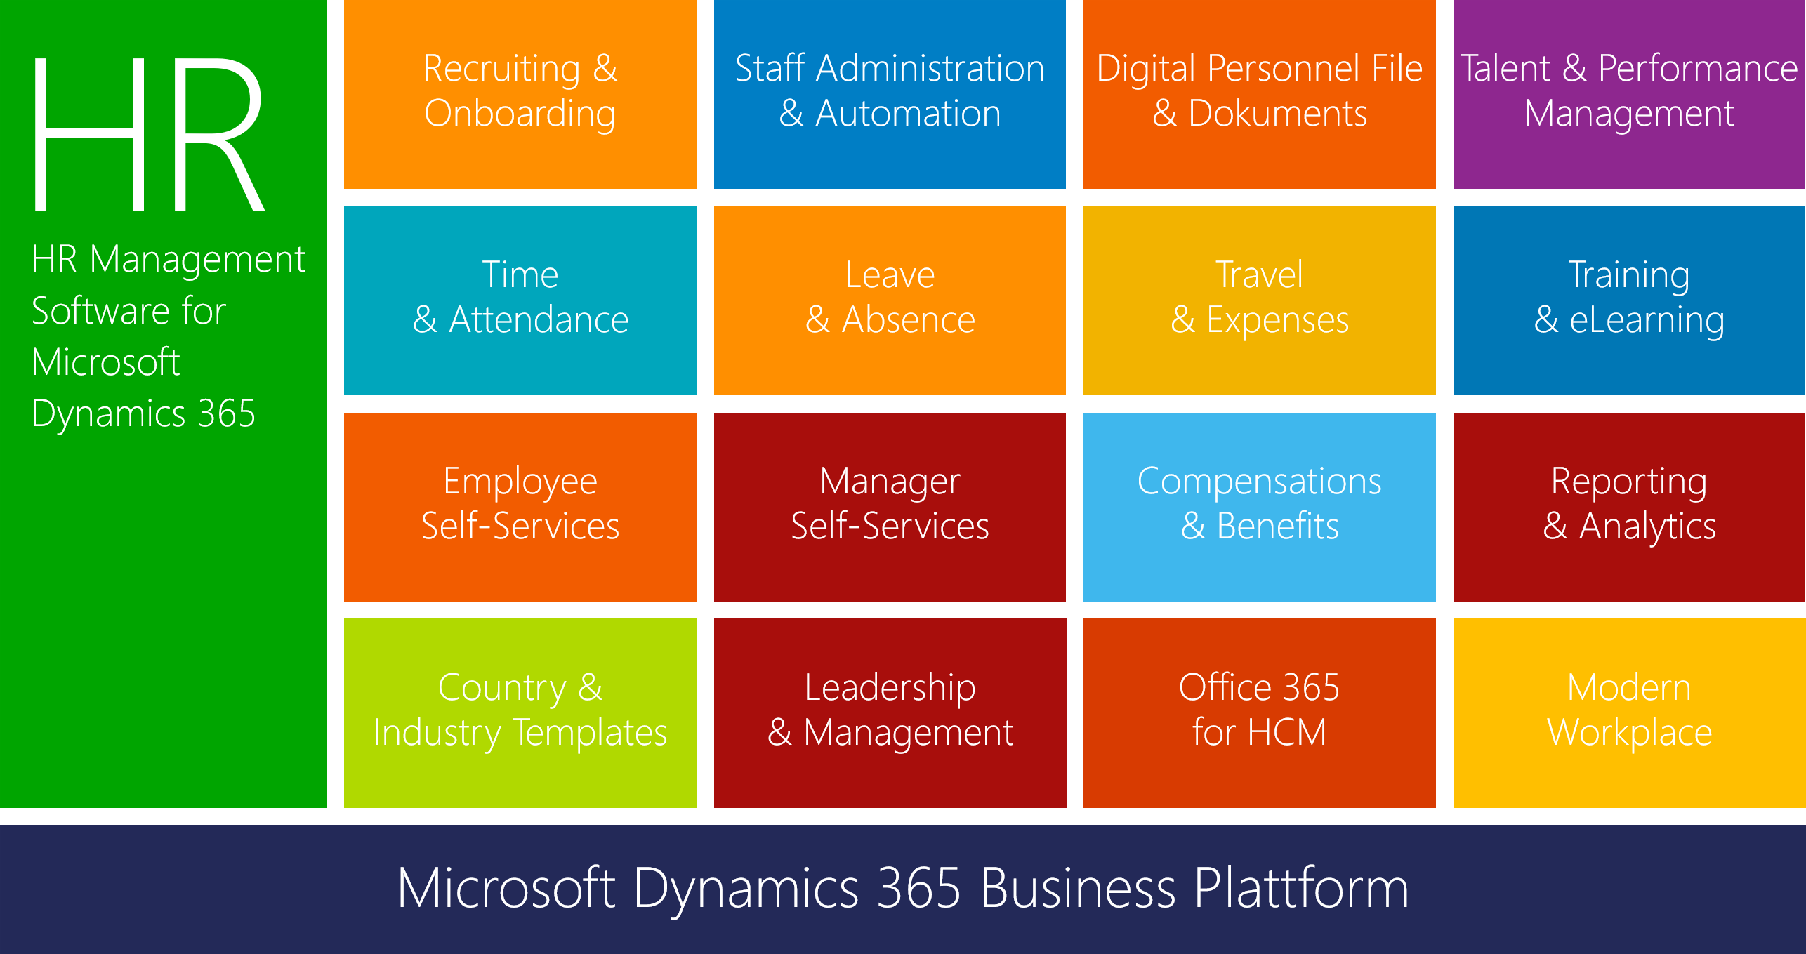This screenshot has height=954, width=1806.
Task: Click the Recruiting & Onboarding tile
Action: coord(520,94)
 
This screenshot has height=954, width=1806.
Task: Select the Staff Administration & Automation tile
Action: coord(890,94)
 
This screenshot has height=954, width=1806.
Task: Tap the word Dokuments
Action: coord(1278,114)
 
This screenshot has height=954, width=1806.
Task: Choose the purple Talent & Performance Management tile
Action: coord(1629,94)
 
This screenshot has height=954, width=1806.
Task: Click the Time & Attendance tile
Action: coord(520,300)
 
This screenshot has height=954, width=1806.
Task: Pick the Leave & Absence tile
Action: coord(890,300)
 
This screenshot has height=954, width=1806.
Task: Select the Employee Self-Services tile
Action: coord(520,507)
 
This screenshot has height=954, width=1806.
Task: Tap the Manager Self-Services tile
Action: coord(890,507)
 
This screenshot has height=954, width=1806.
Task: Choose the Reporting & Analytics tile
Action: coord(1629,507)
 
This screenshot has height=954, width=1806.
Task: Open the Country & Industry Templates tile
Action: coord(520,713)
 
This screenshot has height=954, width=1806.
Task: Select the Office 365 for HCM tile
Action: coord(1260,713)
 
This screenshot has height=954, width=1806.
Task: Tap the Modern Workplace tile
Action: coord(1629,713)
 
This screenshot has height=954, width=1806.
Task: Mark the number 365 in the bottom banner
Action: coord(919,888)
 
